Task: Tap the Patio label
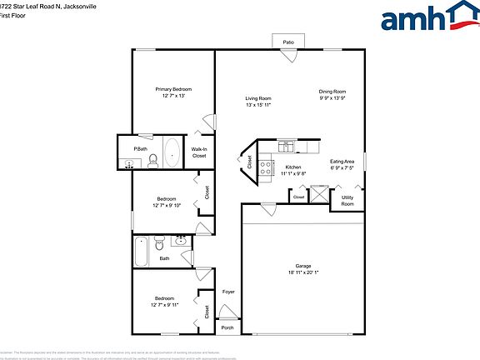point(288,41)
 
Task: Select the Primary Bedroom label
point(173,89)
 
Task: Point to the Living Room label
point(258,98)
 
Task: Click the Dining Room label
point(332,92)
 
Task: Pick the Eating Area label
point(342,161)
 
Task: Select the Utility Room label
point(347,201)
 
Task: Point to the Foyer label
point(228,292)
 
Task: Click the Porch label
point(227,327)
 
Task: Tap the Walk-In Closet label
point(199,152)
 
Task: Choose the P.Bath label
point(141,149)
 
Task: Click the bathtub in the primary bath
point(172,152)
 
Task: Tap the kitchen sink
point(286,147)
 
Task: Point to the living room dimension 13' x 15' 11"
point(258,105)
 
